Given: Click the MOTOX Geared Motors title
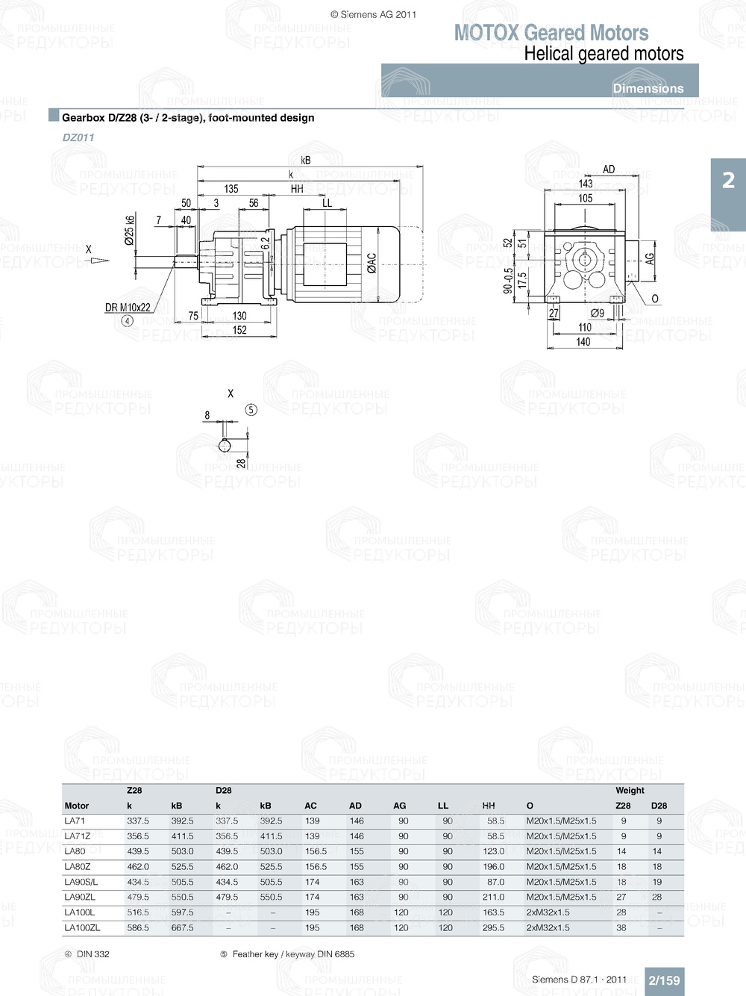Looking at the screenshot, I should point(551,33).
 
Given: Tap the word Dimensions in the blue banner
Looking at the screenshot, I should point(648,88).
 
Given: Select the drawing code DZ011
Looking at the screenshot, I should point(78,137).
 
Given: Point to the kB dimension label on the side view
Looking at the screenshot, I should point(306,161).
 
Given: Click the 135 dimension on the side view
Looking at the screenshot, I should point(231,189).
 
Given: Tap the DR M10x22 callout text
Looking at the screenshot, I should point(128,308).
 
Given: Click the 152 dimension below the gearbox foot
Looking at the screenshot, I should point(239,330).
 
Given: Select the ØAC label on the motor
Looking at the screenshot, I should point(372,262).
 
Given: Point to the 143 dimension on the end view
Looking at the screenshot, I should point(586,184).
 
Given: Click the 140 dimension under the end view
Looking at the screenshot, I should point(583,342).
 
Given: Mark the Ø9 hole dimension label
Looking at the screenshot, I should point(597,314).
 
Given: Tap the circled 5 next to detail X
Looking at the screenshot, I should point(251,410).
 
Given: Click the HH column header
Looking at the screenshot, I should point(489,806).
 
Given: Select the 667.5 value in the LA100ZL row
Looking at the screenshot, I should point(182,928).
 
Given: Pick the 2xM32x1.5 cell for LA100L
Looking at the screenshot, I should point(548,912).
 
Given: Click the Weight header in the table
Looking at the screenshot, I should point(630,790).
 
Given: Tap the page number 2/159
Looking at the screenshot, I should point(664,980).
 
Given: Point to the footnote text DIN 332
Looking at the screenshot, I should point(93,954).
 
